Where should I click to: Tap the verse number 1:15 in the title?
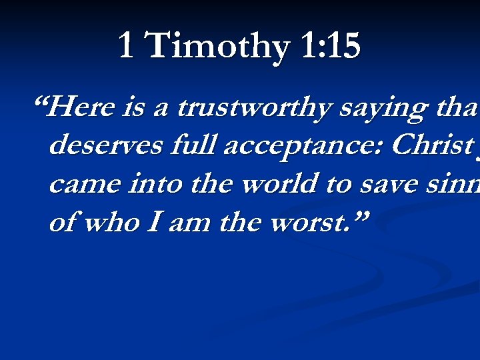331,47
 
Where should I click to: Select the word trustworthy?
253,108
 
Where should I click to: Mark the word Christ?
427,145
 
